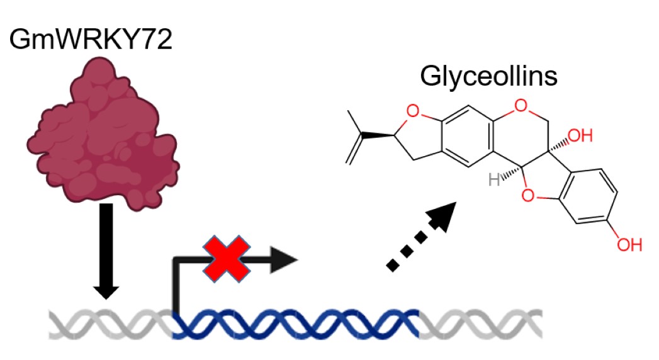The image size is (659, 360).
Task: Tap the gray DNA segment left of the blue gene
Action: pyautogui.click(x=110, y=323)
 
